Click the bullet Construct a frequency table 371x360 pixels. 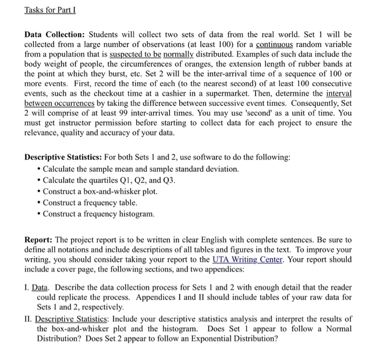click(x=90, y=203)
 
